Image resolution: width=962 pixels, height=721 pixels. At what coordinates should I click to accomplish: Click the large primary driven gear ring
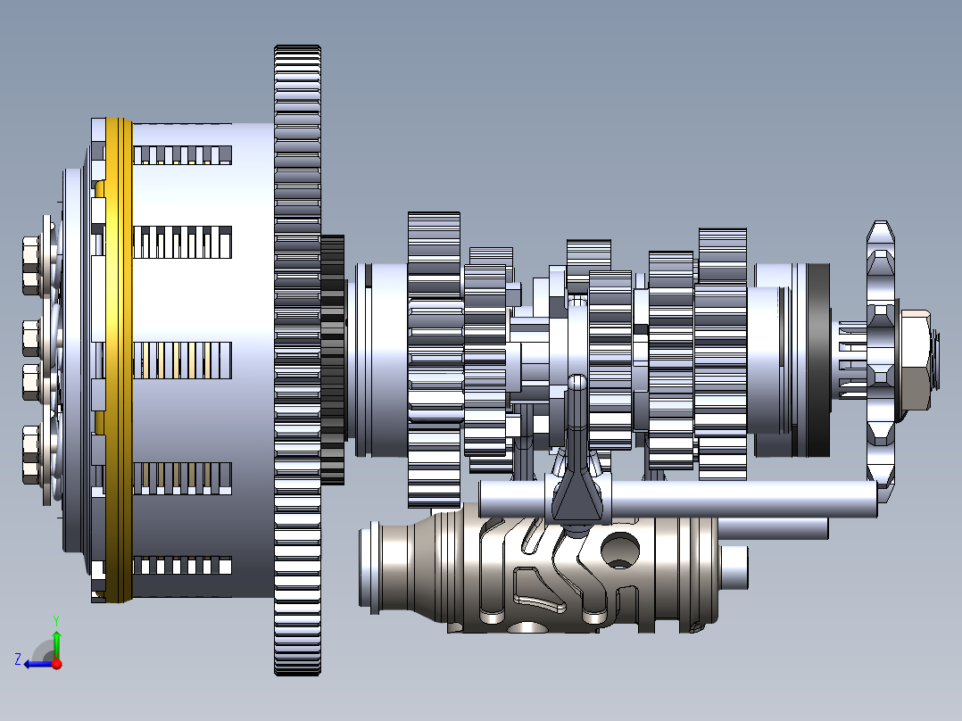coord(297,357)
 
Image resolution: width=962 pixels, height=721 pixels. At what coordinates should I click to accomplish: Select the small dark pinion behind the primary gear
coord(332,357)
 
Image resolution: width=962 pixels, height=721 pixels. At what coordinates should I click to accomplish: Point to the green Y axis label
coord(55,618)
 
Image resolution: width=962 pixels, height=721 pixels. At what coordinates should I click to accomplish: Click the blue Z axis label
coord(18,659)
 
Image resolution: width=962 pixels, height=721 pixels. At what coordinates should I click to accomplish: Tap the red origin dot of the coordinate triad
coord(57,663)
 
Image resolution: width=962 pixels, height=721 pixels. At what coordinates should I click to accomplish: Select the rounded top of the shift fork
coord(577,384)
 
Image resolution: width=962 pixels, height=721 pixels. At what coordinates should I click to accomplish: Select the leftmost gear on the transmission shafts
coord(434,357)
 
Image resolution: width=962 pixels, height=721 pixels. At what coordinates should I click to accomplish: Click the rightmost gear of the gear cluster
coord(722,357)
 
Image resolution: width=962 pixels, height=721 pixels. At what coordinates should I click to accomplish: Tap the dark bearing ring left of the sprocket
coord(815,357)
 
